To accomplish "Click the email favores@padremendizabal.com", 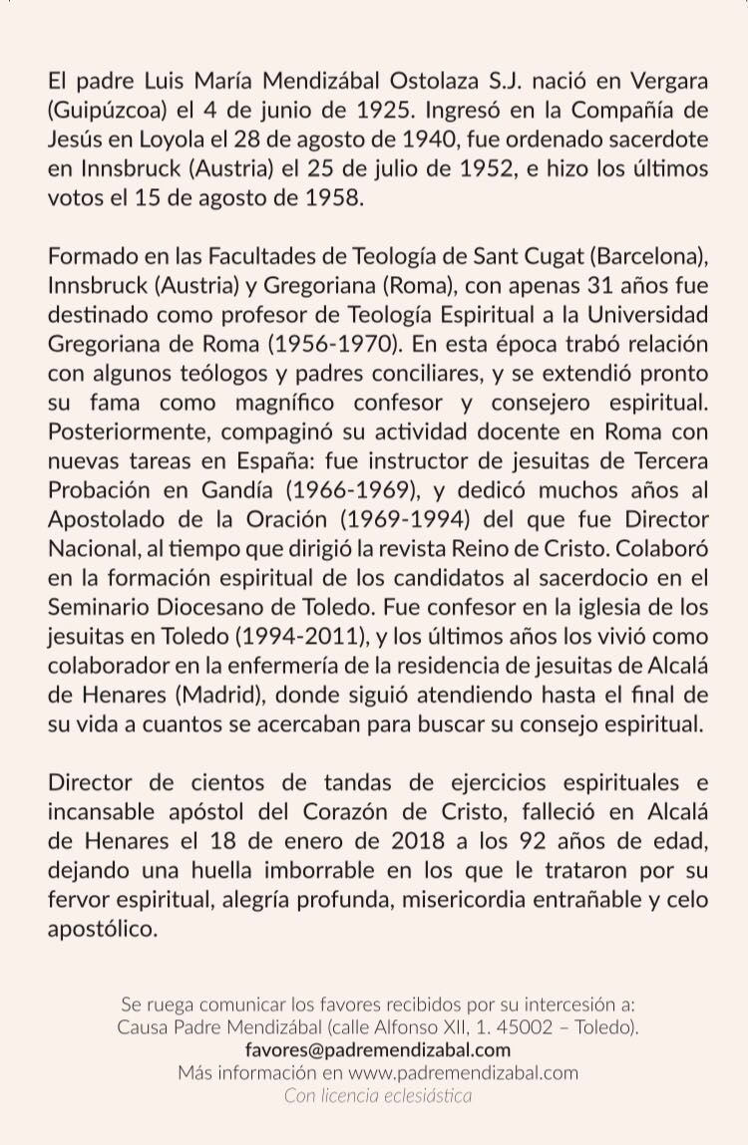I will coord(377,1049).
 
